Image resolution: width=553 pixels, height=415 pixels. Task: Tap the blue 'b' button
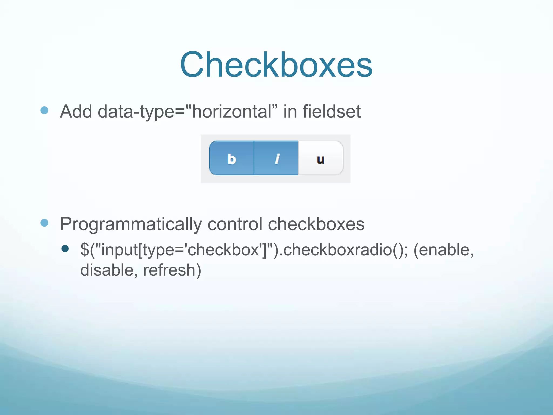(x=232, y=158)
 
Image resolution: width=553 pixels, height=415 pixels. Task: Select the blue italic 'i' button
(x=276, y=158)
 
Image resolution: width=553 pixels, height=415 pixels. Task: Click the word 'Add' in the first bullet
(x=76, y=111)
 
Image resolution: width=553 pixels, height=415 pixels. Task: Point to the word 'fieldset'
(x=332, y=111)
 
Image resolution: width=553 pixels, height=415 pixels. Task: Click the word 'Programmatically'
(x=131, y=224)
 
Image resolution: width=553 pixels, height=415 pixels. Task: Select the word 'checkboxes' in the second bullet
(x=316, y=224)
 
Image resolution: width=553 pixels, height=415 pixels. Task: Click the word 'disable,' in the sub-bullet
(x=109, y=270)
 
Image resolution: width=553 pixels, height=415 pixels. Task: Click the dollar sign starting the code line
(x=85, y=250)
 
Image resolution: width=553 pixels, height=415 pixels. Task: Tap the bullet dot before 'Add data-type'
(x=44, y=110)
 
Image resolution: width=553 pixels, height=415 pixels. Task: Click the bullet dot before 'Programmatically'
(x=44, y=223)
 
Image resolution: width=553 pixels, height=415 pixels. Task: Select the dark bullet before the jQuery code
(x=65, y=249)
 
